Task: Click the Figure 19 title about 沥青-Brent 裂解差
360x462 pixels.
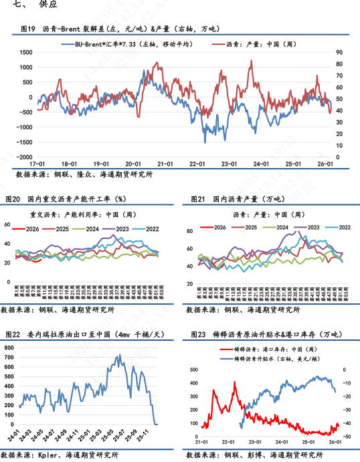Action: click(x=120, y=29)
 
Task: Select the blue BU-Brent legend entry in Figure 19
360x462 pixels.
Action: click(x=126, y=44)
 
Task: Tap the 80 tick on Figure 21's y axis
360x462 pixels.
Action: click(x=189, y=232)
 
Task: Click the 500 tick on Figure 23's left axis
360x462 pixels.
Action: click(x=193, y=370)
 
